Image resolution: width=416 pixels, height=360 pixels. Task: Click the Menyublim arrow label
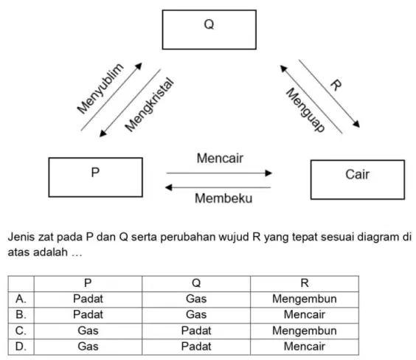(100, 89)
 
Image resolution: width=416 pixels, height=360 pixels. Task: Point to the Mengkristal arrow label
(150, 105)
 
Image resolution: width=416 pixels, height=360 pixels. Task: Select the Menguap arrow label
(305, 110)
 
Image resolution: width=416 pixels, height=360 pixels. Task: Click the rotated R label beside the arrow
(336, 85)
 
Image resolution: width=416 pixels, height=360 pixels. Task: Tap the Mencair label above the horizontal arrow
(220, 159)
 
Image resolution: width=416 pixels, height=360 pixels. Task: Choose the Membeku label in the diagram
(223, 198)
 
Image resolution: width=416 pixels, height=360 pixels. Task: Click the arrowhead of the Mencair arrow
(268, 173)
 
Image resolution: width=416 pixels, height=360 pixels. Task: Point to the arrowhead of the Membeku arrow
(168, 187)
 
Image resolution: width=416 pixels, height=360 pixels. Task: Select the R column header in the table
(305, 283)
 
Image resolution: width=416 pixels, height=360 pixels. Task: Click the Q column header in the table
(196, 283)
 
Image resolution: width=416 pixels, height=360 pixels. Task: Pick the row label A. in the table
(21, 299)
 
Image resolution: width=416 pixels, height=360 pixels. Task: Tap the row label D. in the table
(21, 347)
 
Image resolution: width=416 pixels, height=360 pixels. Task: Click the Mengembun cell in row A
(305, 299)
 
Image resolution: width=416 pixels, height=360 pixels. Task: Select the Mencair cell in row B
(305, 315)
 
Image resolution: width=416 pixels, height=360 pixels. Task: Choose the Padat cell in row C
(196, 330)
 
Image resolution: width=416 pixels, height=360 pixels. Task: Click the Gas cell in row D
(88, 347)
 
